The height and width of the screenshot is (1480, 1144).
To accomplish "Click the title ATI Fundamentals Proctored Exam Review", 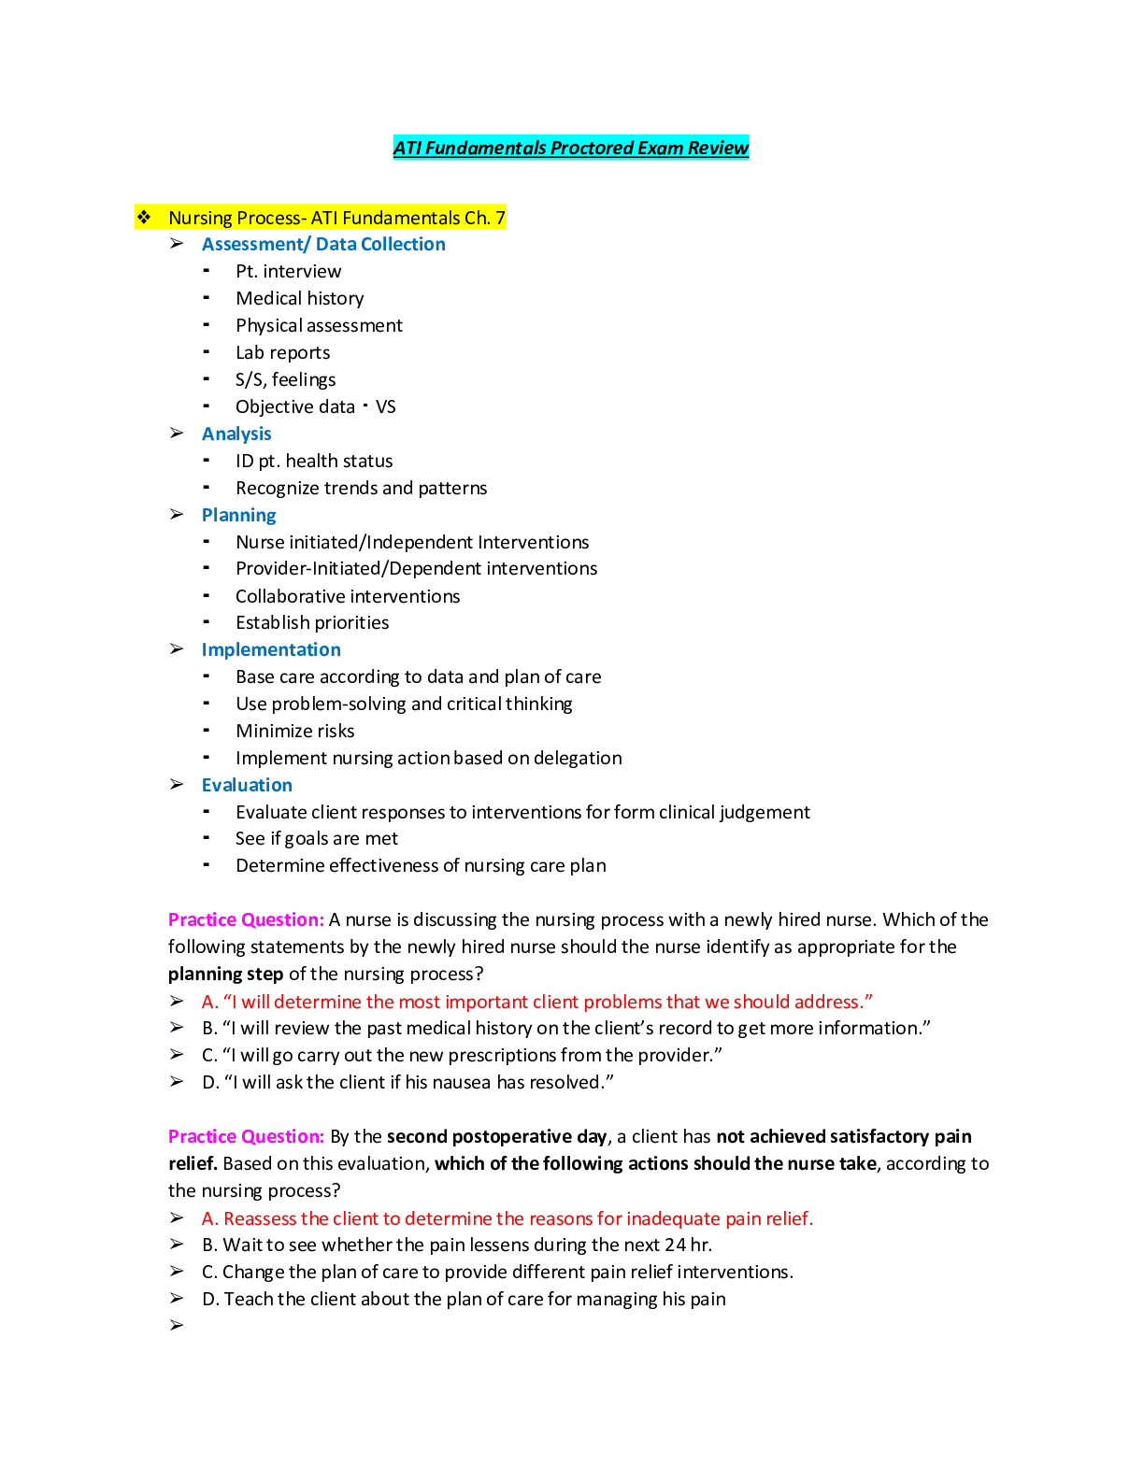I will pyautogui.click(x=570, y=148).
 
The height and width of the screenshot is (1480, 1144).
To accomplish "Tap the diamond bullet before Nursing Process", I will pyautogui.click(x=144, y=218).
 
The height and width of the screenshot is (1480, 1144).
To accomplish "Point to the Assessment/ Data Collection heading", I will pyautogui.click(x=323, y=245).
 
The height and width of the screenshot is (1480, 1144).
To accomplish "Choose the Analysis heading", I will pyautogui.click(x=236, y=434).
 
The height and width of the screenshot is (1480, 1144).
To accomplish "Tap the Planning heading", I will pyautogui.click(x=238, y=516).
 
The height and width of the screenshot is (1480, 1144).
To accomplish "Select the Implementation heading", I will pyautogui.click(x=271, y=650).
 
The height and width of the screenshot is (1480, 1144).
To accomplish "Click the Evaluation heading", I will pyautogui.click(x=247, y=786).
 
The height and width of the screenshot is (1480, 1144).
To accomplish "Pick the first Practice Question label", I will pyautogui.click(x=246, y=920).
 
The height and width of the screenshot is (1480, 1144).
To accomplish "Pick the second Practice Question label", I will pyautogui.click(x=246, y=1137).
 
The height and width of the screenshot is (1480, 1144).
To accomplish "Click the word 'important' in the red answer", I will pyautogui.click(x=486, y=1003).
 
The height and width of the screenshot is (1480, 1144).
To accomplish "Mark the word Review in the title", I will pyautogui.click(x=718, y=148).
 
